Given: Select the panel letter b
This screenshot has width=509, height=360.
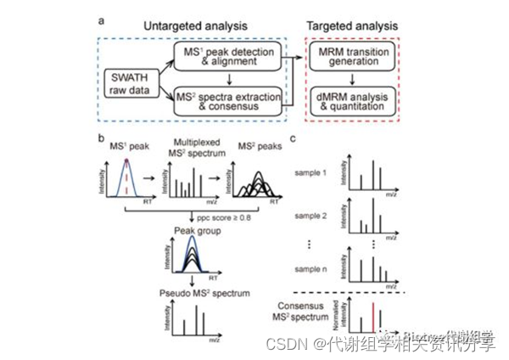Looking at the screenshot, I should (x=101, y=137).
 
